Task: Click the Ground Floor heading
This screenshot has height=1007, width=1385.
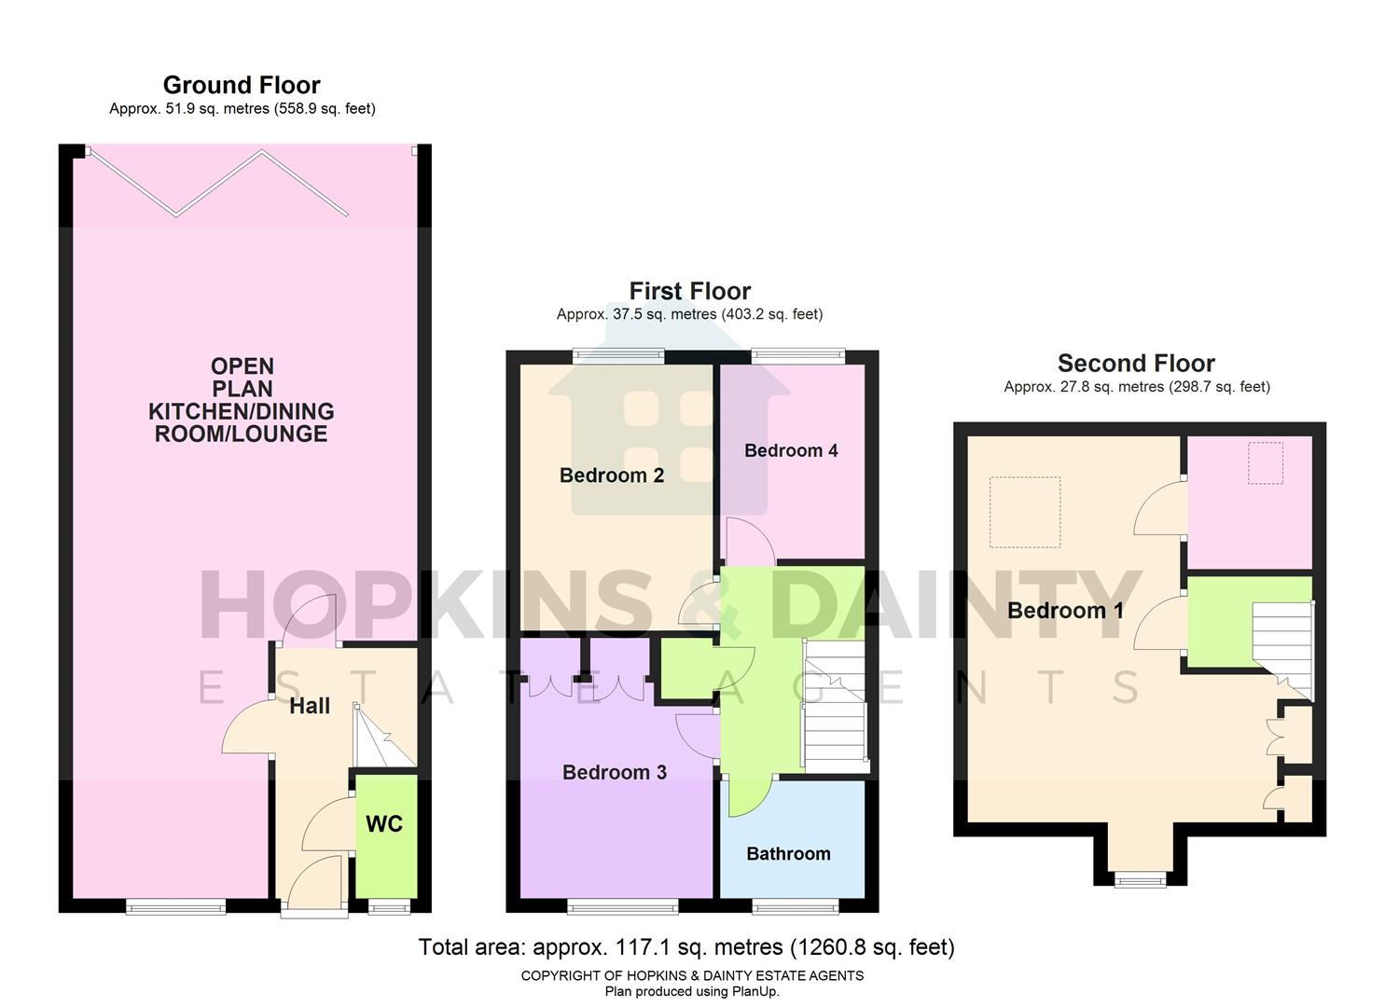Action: coord(242,85)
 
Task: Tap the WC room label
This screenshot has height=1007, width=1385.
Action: coord(384,823)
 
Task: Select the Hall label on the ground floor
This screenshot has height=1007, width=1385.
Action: coord(310,706)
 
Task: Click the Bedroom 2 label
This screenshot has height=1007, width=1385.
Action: coord(612,476)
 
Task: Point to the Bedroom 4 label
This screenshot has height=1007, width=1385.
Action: coord(791,450)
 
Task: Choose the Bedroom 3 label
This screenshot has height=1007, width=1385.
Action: coord(615,772)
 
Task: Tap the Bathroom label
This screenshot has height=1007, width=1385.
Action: coord(788,853)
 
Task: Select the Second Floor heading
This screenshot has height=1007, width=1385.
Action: coord(1136,363)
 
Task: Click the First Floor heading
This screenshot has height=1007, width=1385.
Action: coord(689,291)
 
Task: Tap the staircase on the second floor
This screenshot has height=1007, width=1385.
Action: coord(1283,648)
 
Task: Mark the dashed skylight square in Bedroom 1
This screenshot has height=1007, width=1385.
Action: coord(1024,512)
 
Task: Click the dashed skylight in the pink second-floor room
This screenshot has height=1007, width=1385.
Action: coord(1266,463)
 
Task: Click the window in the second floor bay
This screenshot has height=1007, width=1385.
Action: coord(1141,878)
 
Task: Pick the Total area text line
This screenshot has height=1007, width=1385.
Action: coord(686,947)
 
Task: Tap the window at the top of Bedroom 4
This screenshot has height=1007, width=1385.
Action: coord(798,354)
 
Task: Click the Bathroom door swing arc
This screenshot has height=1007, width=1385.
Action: coord(749,797)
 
